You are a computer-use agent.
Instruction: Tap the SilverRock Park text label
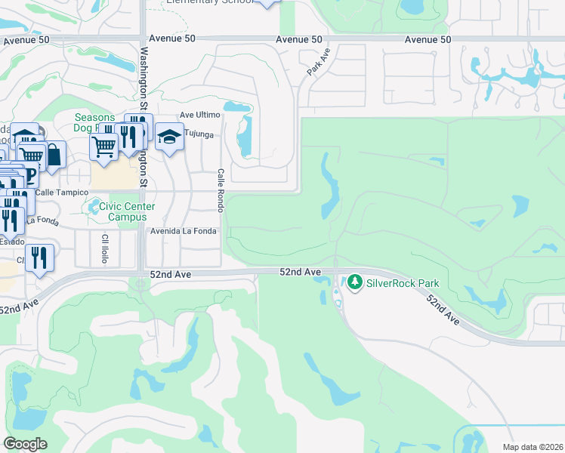(x=403, y=284)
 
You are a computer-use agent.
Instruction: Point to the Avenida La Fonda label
(x=183, y=231)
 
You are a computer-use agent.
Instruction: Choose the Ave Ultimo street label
(x=199, y=115)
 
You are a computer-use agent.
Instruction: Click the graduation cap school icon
(x=170, y=137)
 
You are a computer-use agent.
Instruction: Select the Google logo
(x=25, y=444)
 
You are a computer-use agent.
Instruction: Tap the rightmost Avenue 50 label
(x=428, y=39)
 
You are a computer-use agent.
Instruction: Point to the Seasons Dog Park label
(x=95, y=123)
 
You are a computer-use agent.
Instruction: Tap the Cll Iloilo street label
(x=105, y=248)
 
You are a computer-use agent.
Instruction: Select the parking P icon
(x=30, y=174)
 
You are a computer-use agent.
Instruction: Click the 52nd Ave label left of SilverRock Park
(x=301, y=271)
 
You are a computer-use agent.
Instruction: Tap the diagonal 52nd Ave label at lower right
(x=443, y=310)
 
